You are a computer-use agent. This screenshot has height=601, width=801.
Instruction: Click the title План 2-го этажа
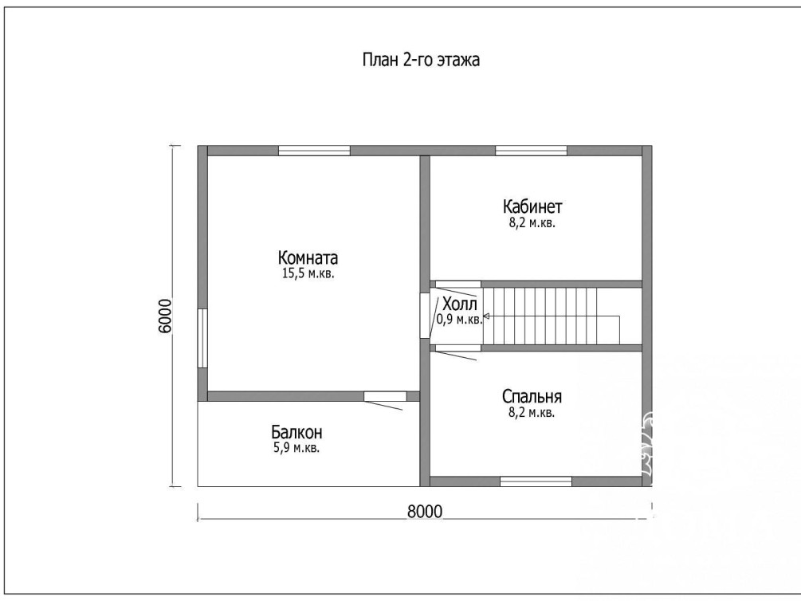[x=421, y=61]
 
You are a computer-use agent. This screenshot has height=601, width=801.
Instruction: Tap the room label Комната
[x=308, y=257]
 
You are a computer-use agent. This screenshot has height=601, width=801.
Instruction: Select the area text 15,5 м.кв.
[x=308, y=273]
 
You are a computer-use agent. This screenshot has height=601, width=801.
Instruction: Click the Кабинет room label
[x=532, y=206]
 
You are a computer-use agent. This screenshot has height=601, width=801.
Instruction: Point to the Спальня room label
[x=532, y=397]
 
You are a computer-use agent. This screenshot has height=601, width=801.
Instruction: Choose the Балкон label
[x=296, y=432]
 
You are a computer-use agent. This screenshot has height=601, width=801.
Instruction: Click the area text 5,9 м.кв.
[x=296, y=449]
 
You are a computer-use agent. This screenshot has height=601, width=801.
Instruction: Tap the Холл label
[x=460, y=304]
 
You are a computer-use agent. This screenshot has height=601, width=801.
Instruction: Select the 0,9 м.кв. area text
[x=459, y=320]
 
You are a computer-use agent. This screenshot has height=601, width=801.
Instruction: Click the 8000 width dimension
[x=425, y=511]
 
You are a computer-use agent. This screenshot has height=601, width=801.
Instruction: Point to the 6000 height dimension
[x=166, y=316]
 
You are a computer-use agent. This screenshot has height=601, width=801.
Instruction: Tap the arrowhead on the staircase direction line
[x=486, y=316]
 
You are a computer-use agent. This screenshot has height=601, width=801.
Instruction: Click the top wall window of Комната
[x=314, y=150]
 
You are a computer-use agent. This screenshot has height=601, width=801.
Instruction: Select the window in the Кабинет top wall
[x=532, y=150]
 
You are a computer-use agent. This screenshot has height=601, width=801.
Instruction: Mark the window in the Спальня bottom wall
[x=536, y=481]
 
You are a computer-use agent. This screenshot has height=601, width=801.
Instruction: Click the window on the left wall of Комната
[x=202, y=338]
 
